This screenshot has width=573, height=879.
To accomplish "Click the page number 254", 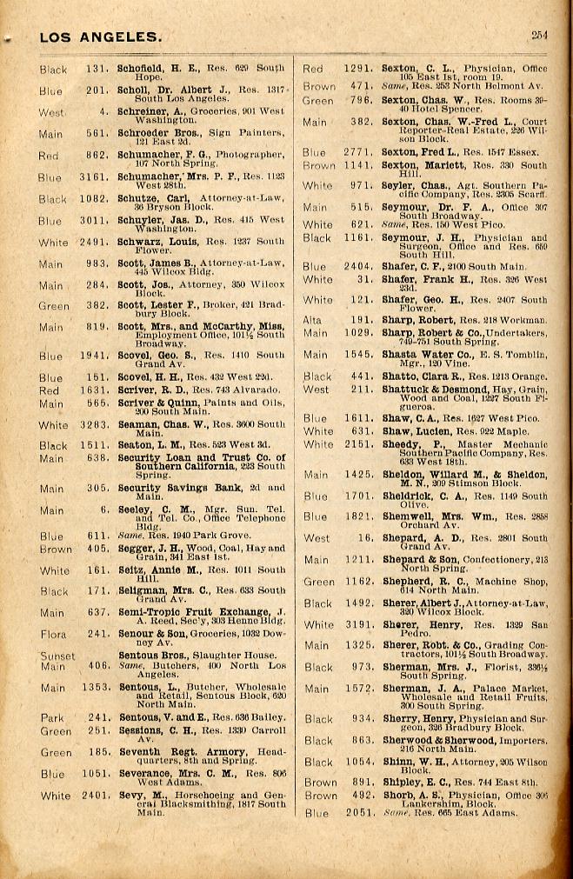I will point(540,36).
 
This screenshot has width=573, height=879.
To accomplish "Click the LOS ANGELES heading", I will point(100,37).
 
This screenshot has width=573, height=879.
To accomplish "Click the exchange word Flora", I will point(53,635).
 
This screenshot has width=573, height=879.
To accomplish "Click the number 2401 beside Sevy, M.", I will point(96,795).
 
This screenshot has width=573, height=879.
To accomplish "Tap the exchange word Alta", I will point(313,319).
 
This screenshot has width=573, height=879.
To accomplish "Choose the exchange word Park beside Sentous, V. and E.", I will point(52,717).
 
